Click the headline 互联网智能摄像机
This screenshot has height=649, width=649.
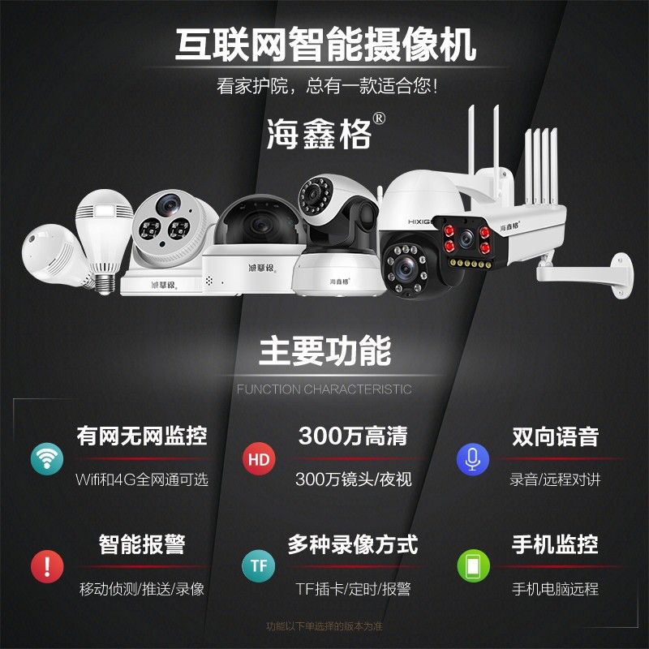pyautogui.click(x=324, y=45)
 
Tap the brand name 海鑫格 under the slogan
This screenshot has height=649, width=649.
pyautogui.click(x=319, y=133)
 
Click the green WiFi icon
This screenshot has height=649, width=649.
pyautogui.click(x=47, y=459)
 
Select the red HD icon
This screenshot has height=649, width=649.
pyautogui.click(x=259, y=459)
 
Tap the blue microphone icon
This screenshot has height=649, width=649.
pyautogui.click(x=472, y=459)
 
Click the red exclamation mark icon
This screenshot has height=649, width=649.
pyautogui.click(x=47, y=565)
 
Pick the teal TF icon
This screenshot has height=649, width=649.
pyautogui.click(x=259, y=565)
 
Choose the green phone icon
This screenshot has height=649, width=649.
pyautogui.click(x=472, y=565)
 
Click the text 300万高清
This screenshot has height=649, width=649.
pyautogui.click(x=353, y=436)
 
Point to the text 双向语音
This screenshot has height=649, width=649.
pyautogui.click(x=555, y=436)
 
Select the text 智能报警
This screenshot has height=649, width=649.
pyautogui.click(x=142, y=544)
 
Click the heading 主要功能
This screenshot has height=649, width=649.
pyautogui.click(x=324, y=351)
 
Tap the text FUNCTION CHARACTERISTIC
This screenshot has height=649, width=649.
pyautogui.click(x=324, y=389)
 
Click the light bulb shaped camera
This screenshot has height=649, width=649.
pyautogui.click(x=103, y=235)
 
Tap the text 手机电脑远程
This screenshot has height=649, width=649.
pyautogui.click(x=555, y=589)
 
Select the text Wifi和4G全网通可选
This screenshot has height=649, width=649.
pyautogui.click(x=142, y=479)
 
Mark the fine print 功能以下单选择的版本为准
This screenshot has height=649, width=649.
pyautogui.click(x=324, y=626)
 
